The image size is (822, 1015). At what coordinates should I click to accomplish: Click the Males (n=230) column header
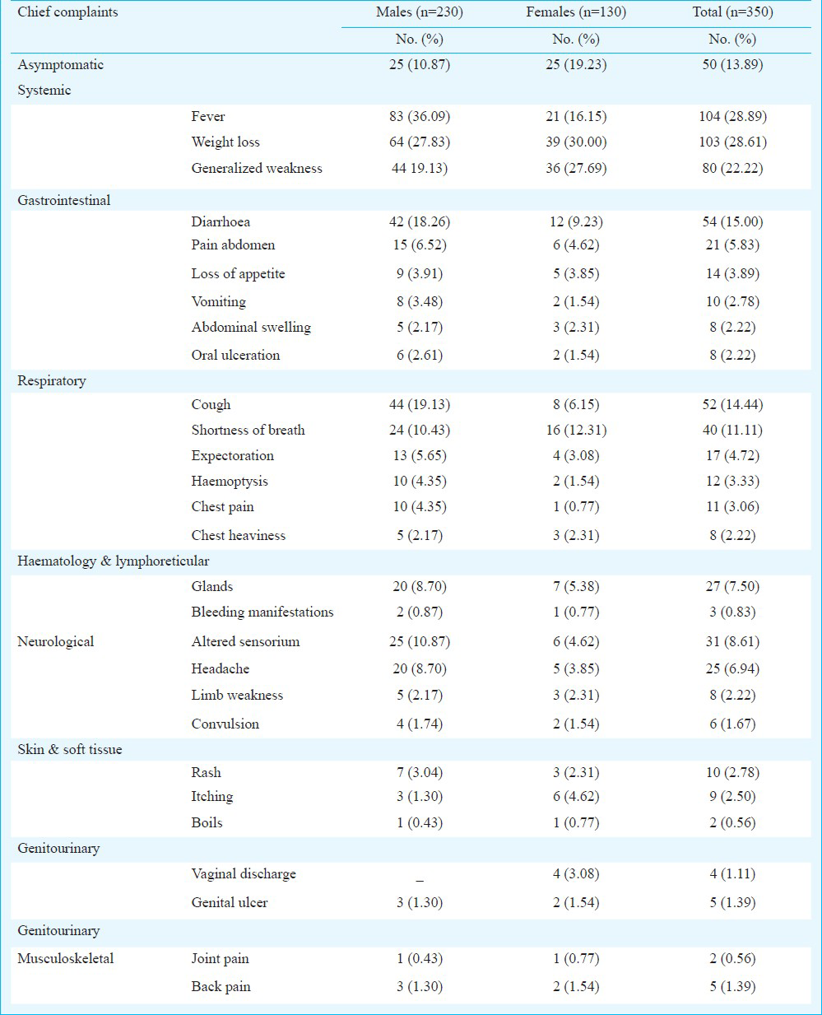coord(419,12)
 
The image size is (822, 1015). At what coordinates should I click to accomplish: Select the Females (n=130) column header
coord(576,12)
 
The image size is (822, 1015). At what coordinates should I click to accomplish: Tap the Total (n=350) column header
coord(732,12)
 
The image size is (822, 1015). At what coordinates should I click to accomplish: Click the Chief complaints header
coord(67,12)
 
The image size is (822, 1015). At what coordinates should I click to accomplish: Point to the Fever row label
coord(208,116)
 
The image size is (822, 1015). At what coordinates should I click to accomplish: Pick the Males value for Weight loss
coord(419,142)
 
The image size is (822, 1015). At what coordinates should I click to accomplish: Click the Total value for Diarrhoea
coord(732,221)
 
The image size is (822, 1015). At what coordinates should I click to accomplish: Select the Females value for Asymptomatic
coord(576,64)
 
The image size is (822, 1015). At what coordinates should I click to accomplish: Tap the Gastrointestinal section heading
coord(64,200)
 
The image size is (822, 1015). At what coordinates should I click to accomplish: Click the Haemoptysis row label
coord(230,482)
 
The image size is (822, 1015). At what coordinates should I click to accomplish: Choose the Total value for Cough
coord(732,404)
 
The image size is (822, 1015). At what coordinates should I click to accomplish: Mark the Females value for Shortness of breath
coord(576,430)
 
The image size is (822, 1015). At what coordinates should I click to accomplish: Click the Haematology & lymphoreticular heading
coord(114,561)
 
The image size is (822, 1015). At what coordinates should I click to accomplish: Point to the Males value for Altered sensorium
coord(419,641)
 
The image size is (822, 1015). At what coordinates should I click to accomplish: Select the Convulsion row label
coord(225,724)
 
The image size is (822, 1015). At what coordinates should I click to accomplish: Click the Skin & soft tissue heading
coord(70,749)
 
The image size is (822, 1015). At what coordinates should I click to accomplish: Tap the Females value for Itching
coord(576,796)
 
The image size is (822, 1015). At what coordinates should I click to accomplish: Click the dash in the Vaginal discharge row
coord(420,880)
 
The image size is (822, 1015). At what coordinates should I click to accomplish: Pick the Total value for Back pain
coord(732,986)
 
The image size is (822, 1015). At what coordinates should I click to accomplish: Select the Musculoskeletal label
coord(66,958)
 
